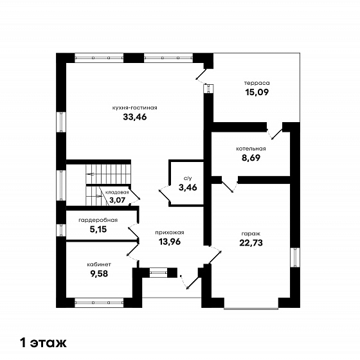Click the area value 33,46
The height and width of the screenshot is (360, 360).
(x=135, y=117)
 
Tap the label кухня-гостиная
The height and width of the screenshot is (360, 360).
(x=135, y=108)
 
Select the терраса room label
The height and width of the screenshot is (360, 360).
(x=257, y=83)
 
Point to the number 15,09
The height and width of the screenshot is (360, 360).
(x=257, y=92)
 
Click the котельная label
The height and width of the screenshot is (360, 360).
(x=251, y=148)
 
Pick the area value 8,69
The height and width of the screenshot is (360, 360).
(x=251, y=158)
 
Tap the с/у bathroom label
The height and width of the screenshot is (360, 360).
(x=188, y=178)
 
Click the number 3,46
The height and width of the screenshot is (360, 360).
(x=188, y=188)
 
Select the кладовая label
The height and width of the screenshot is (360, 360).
(x=117, y=192)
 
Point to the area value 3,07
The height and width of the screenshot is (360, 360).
(x=117, y=200)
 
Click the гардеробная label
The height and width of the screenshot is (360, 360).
(x=98, y=220)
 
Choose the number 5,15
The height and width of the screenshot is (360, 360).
(x=98, y=230)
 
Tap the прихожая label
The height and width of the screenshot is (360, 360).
(x=170, y=233)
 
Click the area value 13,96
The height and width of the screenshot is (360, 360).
(x=170, y=242)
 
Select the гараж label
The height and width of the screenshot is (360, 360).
(x=251, y=234)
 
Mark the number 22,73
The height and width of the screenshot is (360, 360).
(x=251, y=243)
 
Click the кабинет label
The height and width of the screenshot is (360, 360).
(x=99, y=264)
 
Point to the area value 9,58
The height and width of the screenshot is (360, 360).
(x=99, y=274)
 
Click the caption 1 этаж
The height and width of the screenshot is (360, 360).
(x=44, y=343)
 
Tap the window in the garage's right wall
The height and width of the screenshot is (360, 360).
(x=295, y=257)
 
